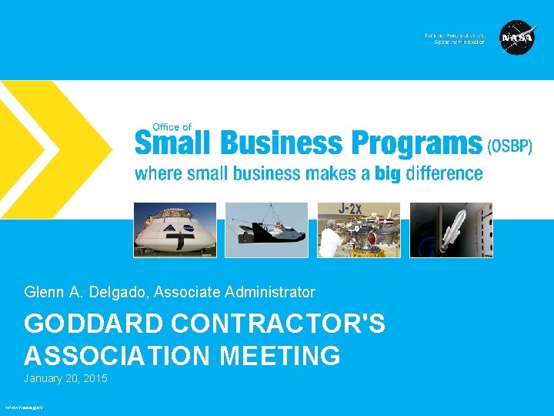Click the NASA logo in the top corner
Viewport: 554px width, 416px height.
(517, 38)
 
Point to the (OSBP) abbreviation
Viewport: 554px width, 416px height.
(510, 146)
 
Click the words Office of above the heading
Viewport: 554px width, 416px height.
(172, 127)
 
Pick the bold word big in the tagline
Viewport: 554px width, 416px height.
(388, 174)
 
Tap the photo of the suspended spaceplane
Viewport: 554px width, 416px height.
(266, 230)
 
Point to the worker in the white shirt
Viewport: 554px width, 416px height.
(331, 239)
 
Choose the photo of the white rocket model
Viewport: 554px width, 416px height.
(451, 230)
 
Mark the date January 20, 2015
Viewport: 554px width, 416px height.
(65, 379)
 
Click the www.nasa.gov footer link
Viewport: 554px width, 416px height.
(24, 407)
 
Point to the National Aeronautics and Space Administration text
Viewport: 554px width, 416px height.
(455, 39)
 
